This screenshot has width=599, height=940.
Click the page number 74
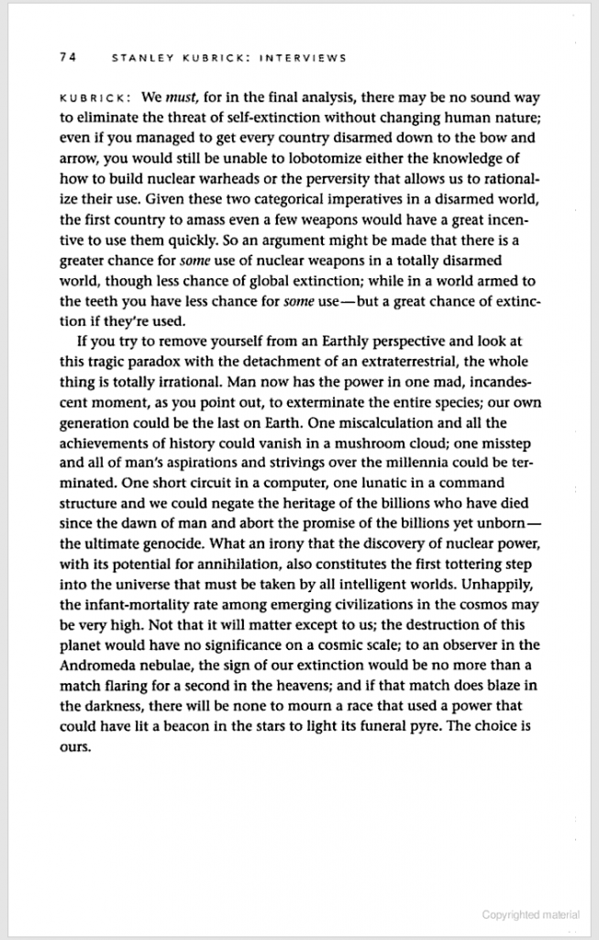[x=66, y=58]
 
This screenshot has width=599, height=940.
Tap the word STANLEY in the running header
[x=139, y=58]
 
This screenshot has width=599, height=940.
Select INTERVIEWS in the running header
[x=302, y=58]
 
